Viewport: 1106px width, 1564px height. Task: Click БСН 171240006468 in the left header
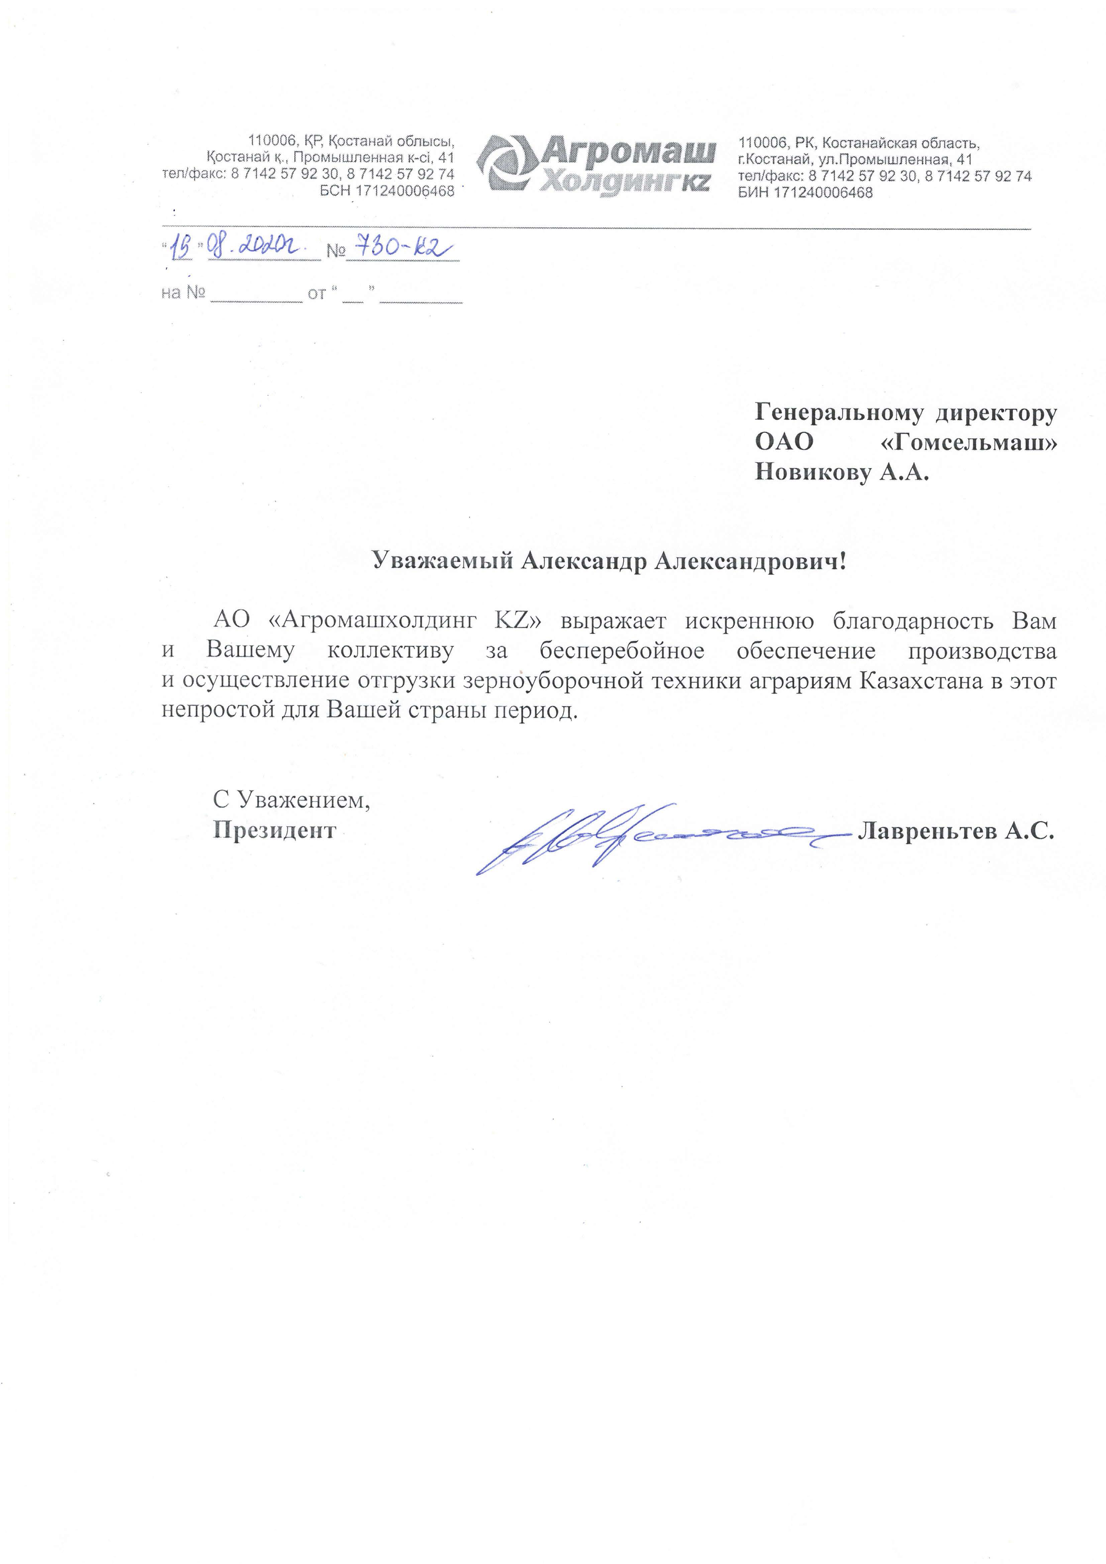[x=386, y=191]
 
